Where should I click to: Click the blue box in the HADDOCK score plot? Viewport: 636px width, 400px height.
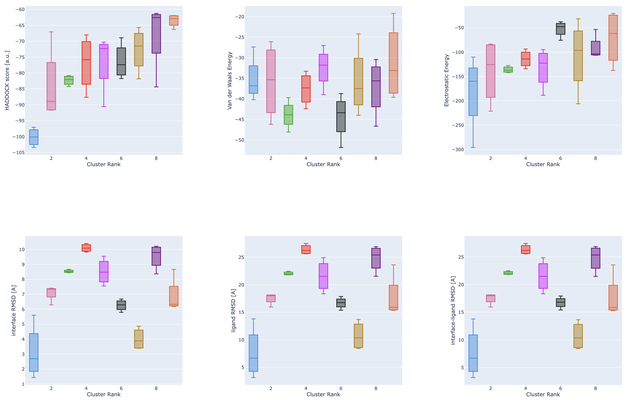pos(34,137)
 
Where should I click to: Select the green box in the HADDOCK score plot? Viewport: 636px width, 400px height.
pos(69,80)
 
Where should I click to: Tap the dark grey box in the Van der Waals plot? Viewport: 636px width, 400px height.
pos(341,117)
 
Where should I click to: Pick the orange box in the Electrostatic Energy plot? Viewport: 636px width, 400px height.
pos(613,38)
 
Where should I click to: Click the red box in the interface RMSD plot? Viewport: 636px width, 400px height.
pos(86,248)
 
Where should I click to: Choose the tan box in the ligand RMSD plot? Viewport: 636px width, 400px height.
pos(358,336)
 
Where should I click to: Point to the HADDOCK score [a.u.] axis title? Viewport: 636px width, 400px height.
pos(7,80)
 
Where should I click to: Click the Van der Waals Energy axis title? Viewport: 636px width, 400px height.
pos(230,80)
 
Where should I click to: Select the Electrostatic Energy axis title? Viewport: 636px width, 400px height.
pos(446,80)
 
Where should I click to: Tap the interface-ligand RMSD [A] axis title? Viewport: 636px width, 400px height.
pos(453,310)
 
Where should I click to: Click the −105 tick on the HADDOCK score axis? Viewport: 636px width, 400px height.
pos(19,153)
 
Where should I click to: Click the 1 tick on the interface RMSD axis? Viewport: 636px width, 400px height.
pos(23,384)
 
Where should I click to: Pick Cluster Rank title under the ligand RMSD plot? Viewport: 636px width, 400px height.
pos(323,394)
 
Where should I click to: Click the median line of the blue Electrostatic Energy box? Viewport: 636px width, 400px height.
pos(473,81)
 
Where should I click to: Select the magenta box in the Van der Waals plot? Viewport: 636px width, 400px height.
pos(323,68)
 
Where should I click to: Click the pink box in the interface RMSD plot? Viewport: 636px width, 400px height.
pos(51,293)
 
